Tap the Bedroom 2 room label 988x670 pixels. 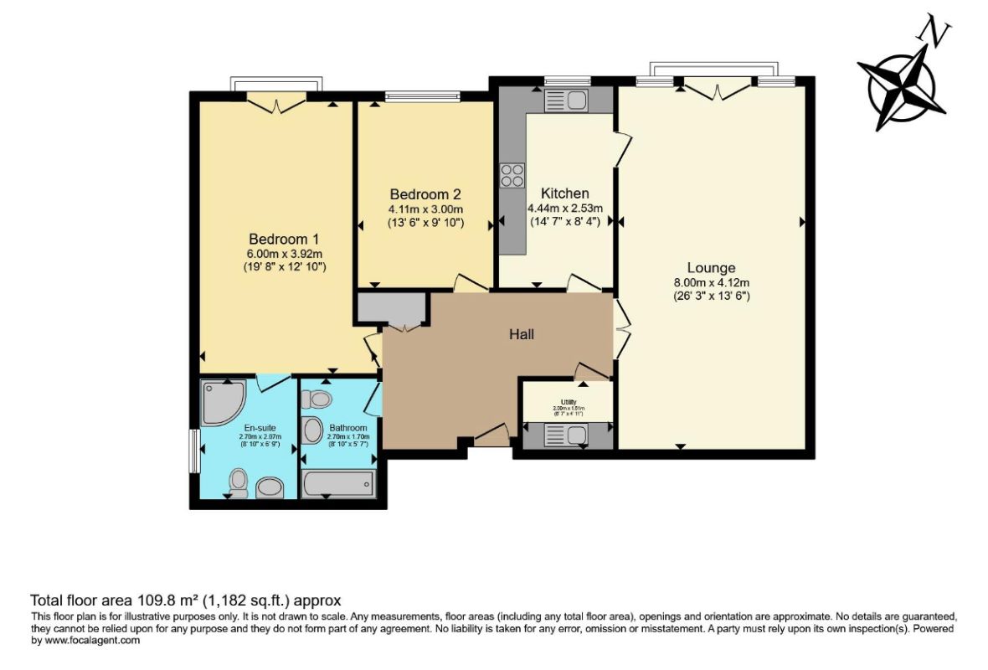coord(425,193)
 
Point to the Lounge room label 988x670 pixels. coord(711,268)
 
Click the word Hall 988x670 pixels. coord(522,334)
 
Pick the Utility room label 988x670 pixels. coord(568,402)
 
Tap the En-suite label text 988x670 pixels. coord(241,428)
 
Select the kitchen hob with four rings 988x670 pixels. coord(512,175)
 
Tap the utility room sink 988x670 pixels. coord(567,435)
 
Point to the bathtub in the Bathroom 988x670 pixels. coord(337,483)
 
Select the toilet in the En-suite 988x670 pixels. coord(239,482)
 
